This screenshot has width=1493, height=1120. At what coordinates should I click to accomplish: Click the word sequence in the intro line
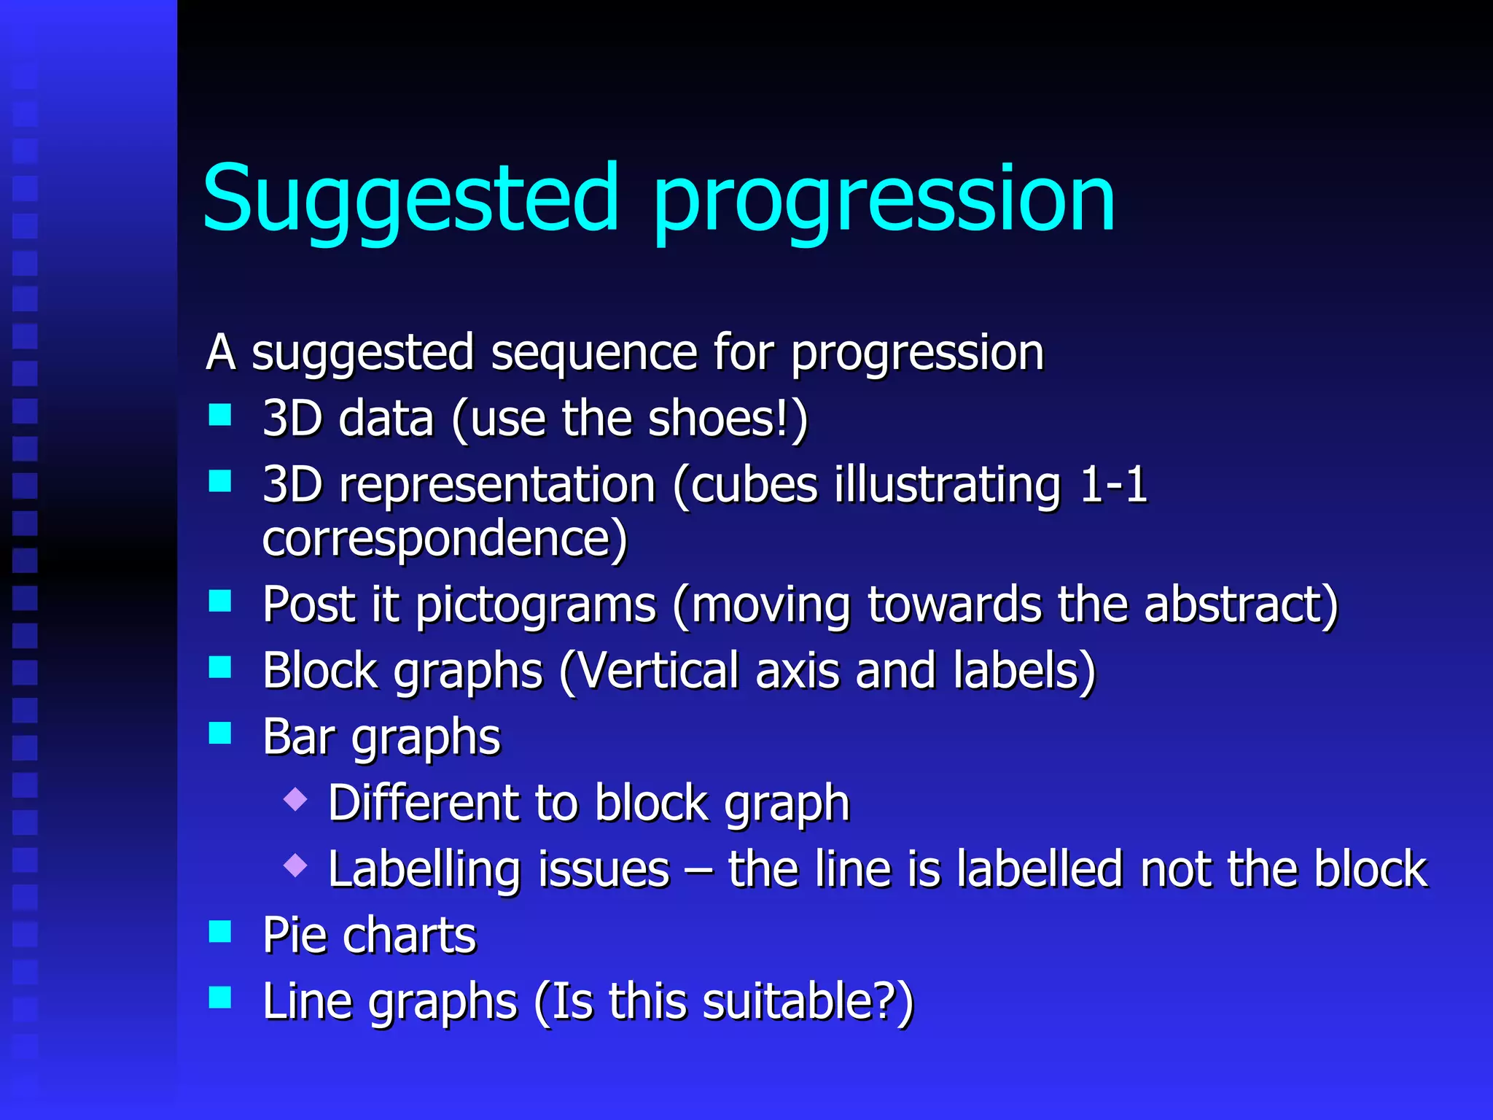click(593, 354)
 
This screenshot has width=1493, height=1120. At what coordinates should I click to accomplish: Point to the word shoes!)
click(728, 419)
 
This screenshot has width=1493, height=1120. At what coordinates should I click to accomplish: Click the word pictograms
click(536, 605)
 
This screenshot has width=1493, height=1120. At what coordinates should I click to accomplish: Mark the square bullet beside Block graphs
click(219, 666)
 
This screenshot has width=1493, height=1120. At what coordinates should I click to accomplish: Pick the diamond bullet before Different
click(295, 799)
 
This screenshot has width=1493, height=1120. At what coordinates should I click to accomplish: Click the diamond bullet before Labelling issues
click(295, 866)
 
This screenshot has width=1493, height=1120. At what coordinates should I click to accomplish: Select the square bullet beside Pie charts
click(219, 931)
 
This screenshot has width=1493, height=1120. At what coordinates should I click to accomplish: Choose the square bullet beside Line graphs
click(219, 997)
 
